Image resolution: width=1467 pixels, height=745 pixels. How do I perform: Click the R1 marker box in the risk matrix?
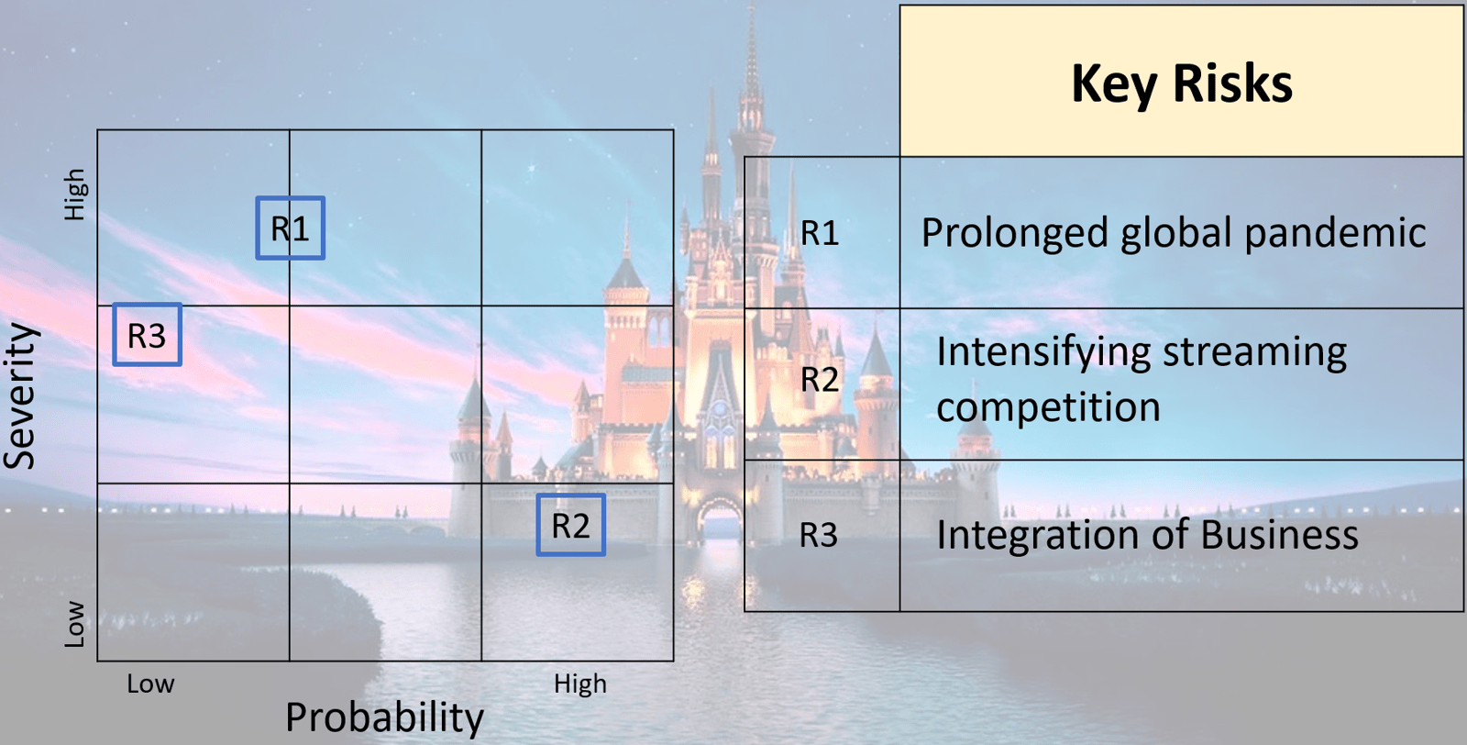pos(290,196)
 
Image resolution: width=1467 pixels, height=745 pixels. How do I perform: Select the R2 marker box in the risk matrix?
pos(570,495)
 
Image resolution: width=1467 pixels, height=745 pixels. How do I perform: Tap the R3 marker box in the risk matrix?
pos(148,304)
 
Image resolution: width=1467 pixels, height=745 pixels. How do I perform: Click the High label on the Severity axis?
pos(74,194)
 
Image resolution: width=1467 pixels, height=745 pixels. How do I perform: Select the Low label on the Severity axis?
pos(74,624)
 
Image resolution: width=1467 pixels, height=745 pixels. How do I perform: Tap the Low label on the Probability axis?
pos(150,684)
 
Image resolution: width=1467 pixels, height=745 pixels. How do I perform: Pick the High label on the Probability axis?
pos(580,684)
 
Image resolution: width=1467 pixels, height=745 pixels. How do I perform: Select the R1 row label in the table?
pos(820,233)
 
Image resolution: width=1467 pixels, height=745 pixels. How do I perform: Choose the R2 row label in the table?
pos(820,379)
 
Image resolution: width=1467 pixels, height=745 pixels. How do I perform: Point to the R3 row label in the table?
pos(819,535)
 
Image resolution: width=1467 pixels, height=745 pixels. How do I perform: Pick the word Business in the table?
pos(1279,535)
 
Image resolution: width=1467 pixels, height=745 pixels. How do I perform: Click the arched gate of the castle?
pos(719,521)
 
